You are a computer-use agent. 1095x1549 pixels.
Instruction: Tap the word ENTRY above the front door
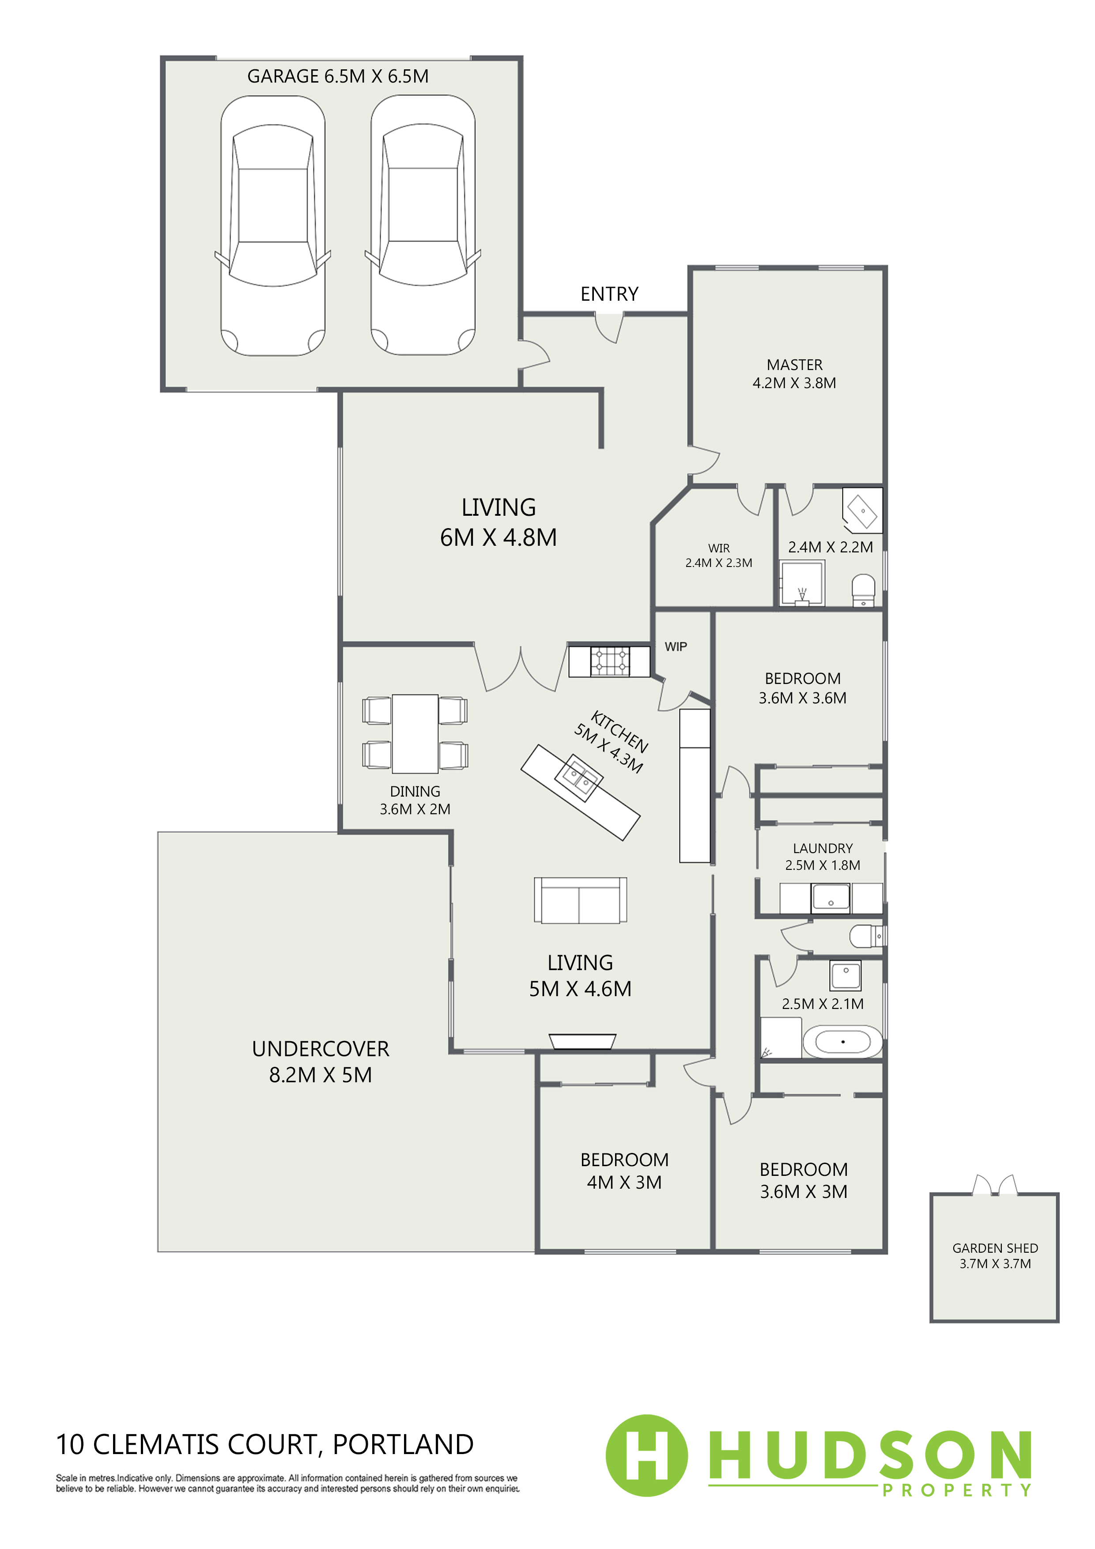609,294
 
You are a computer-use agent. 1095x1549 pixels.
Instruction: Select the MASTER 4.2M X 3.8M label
794,374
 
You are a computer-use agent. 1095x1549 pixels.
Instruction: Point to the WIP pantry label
676,646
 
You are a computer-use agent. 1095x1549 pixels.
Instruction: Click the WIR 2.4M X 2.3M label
718,555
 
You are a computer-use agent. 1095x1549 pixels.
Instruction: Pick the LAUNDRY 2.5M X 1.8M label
823,856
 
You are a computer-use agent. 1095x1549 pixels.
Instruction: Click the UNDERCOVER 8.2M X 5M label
321,1061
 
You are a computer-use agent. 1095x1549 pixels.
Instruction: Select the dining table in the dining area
415,733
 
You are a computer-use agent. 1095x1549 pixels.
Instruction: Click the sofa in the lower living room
580,900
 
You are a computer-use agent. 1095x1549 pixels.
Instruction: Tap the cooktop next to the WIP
610,661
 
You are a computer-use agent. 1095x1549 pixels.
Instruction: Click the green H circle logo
647,1455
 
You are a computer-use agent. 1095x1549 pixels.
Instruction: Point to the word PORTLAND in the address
403,1444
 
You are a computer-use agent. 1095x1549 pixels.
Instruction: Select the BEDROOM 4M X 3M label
624,1171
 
